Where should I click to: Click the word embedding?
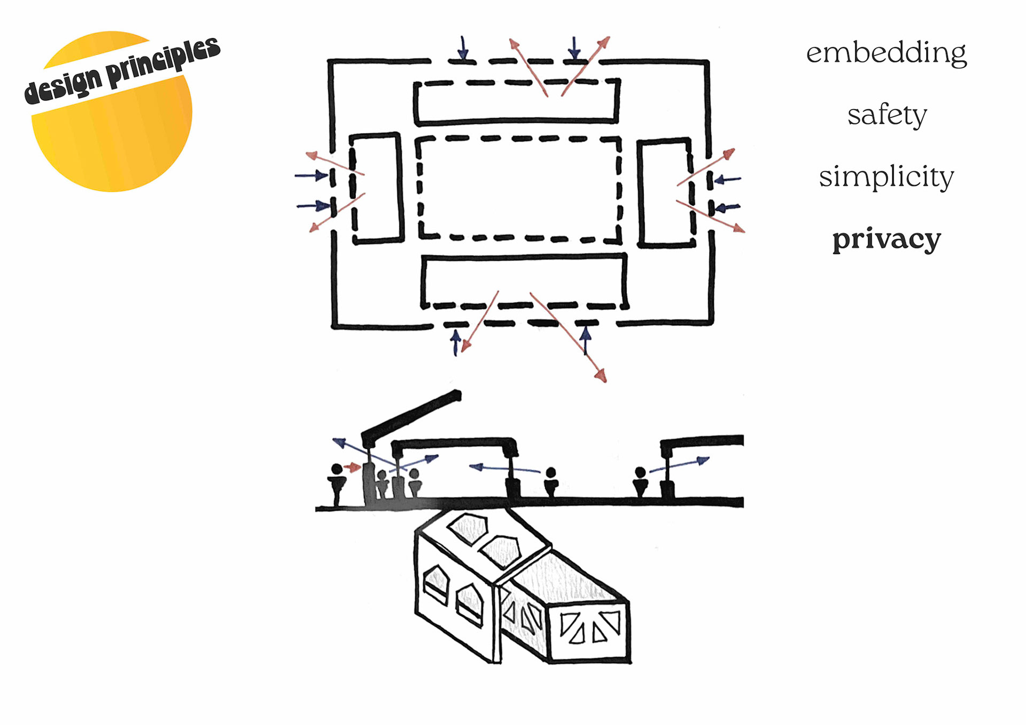886,53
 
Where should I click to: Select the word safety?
887,114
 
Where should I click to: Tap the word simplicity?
886,177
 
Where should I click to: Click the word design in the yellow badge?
63,86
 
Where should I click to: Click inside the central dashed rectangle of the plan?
518,187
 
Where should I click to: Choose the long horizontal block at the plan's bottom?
524,280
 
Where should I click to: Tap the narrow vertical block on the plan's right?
665,192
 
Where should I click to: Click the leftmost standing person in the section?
337,484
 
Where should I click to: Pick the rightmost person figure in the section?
640,481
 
